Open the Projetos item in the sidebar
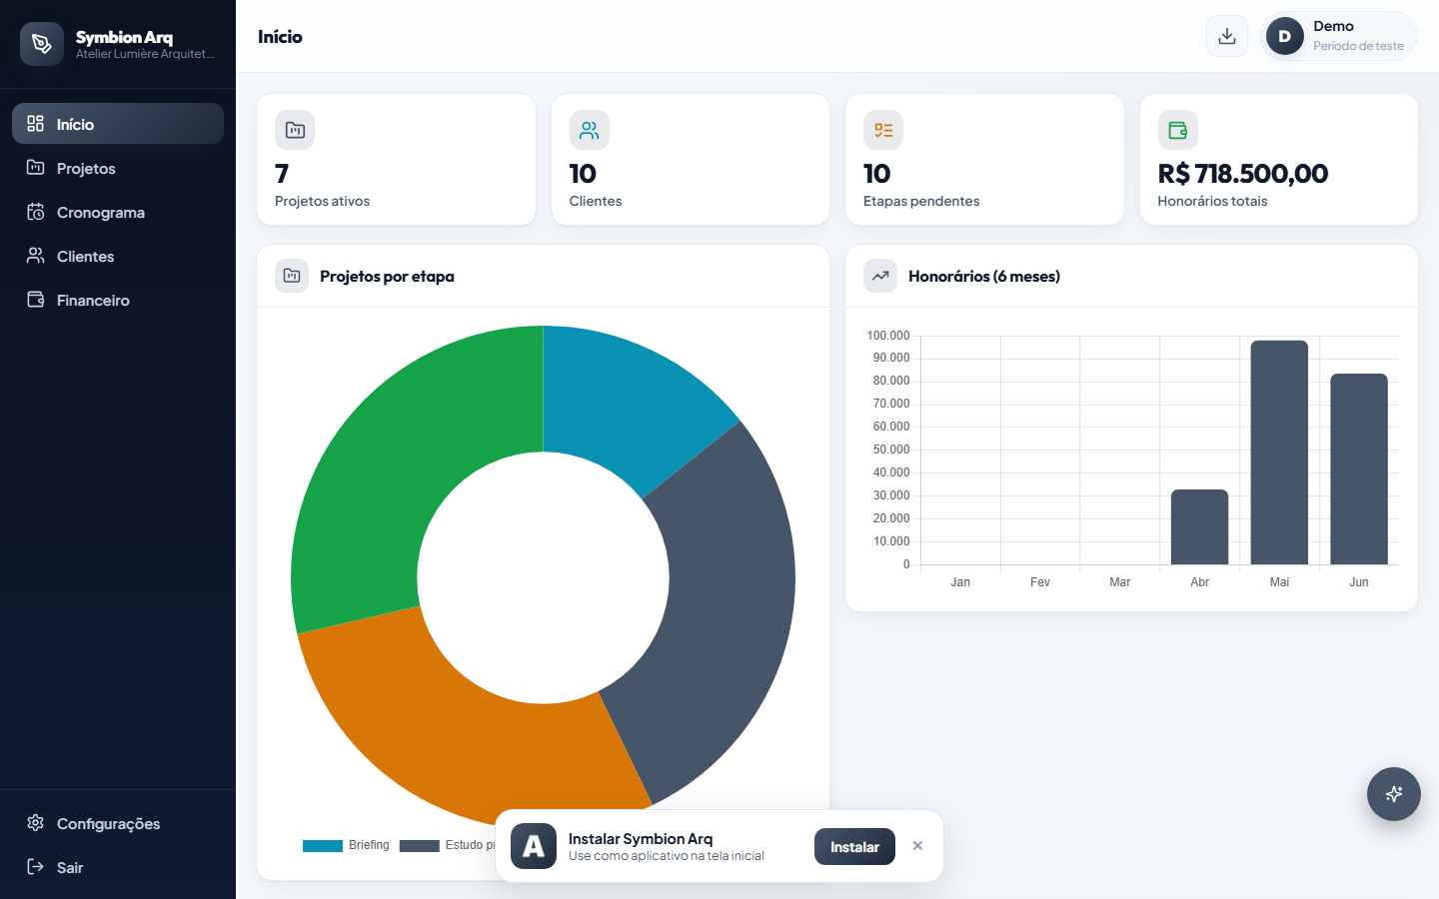click(86, 168)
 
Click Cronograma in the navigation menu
click(100, 213)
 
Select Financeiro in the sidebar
click(93, 301)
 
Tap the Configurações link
click(108, 824)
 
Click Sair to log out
click(69, 867)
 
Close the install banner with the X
click(917, 846)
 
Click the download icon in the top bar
click(1227, 36)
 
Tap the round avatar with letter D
click(1285, 36)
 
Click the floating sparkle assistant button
click(1393, 794)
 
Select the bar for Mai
click(1279, 452)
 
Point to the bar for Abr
click(1199, 527)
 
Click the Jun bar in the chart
click(1359, 469)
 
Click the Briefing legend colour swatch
click(323, 846)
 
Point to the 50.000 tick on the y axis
click(891, 449)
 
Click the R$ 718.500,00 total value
click(1242, 174)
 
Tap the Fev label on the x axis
click(1040, 581)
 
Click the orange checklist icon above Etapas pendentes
click(883, 130)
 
